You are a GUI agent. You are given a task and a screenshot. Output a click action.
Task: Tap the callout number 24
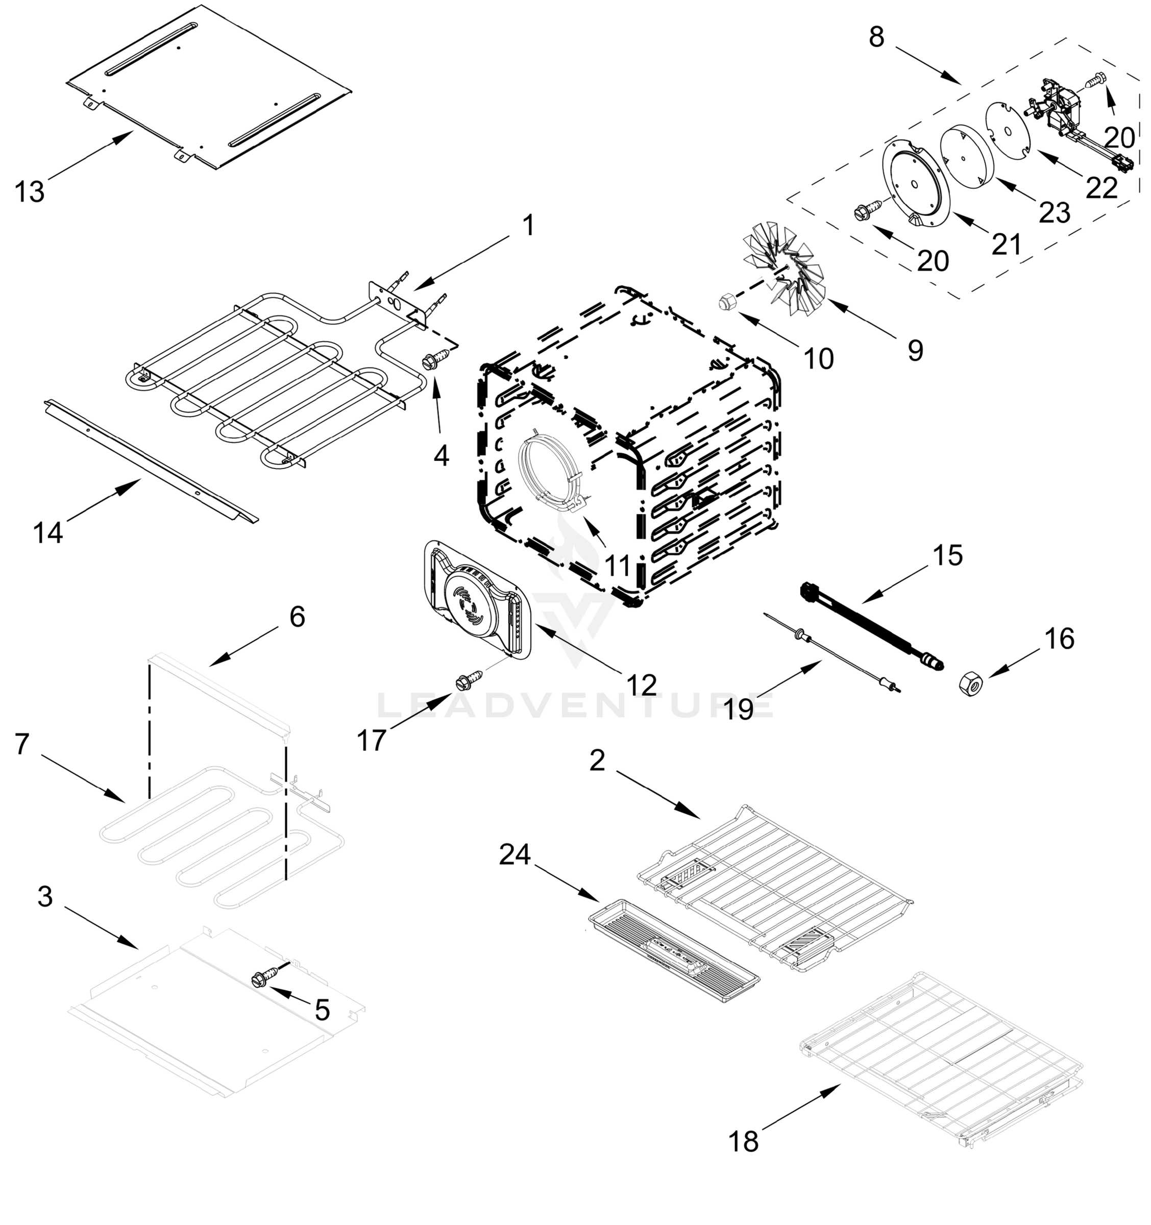[x=515, y=854]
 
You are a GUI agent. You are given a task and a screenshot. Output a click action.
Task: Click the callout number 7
[x=22, y=744]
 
